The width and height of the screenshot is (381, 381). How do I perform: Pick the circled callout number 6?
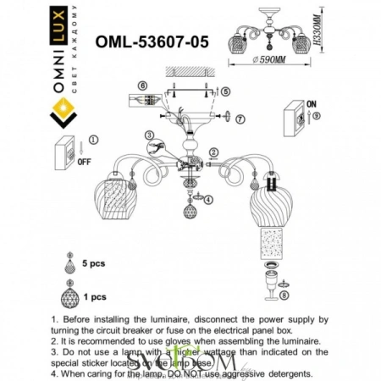(x=143, y=86)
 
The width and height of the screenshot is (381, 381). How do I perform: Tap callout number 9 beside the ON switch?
(x=315, y=113)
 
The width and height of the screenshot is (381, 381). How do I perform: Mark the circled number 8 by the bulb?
(x=284, y=295)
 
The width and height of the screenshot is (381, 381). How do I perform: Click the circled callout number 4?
(x=209, y=199)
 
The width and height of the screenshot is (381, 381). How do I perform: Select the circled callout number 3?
(x=149, y=135)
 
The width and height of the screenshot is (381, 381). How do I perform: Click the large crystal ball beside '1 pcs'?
(x=70, y=299)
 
